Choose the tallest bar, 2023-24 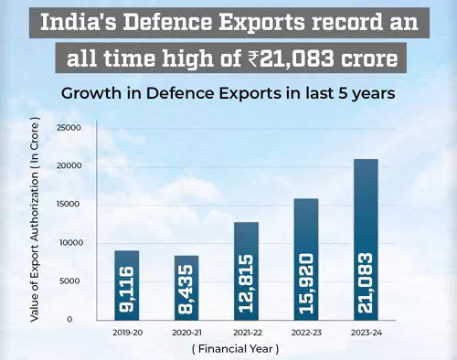pyautogui.click(x=366, y=238)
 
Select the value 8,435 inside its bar pyautogui.click(x=187, y=290)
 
